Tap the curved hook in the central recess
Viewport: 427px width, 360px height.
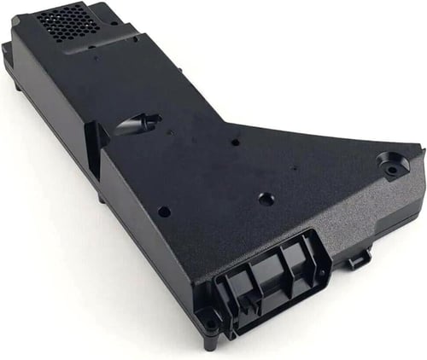137,125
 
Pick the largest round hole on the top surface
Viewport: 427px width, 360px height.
266,199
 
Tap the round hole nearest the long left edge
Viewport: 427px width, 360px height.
163,211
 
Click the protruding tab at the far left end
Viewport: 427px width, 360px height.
7,53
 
